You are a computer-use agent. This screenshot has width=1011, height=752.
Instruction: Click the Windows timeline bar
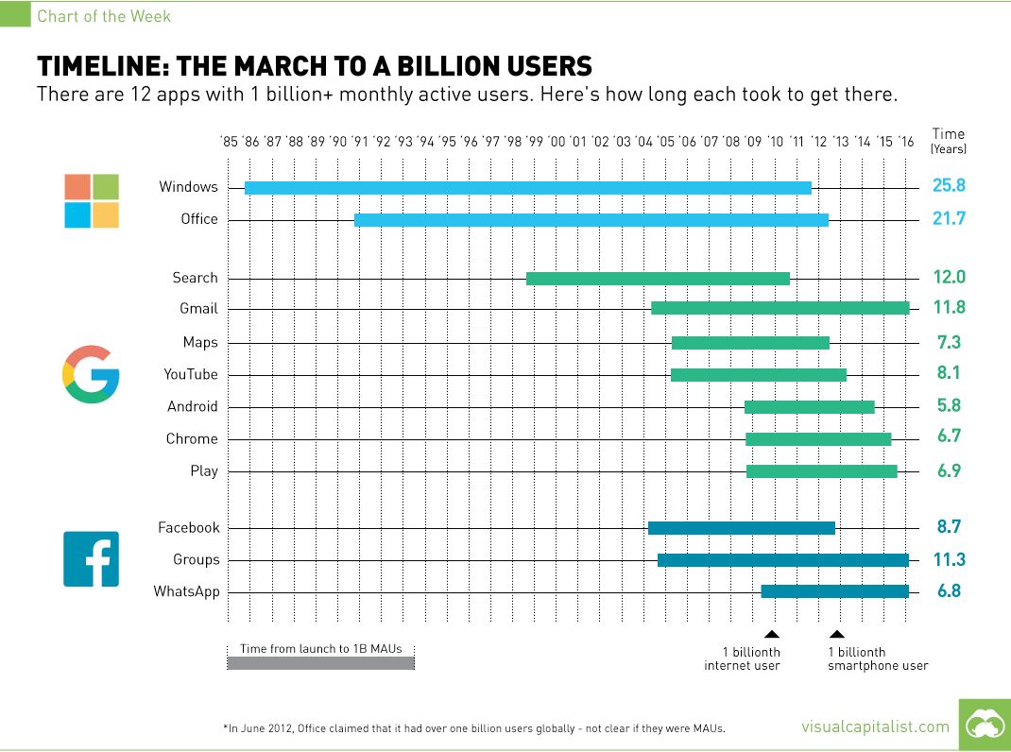click(527, 187)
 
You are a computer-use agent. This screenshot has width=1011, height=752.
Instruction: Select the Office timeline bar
click(591, 219)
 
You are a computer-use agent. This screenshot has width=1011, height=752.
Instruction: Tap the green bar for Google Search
click(658, 278)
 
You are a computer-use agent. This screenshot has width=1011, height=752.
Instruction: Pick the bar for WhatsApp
click(834, 591)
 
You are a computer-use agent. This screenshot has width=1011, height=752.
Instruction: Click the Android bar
click(809, 407)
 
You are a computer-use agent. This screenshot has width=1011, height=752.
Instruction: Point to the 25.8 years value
click(949, 187)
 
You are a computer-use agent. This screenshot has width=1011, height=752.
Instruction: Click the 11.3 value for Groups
click(949, 559)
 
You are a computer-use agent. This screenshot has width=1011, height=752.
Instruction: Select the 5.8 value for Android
click(949, 407)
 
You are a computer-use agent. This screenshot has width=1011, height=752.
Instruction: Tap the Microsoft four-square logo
click(92, 201)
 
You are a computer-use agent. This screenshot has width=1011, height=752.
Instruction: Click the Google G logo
click(92, 375)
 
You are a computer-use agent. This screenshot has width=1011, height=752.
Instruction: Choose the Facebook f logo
click(92, 558)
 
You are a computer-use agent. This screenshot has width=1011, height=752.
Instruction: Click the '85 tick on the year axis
click(229, 142)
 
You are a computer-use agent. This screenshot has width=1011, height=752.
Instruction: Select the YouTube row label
click(191, 375)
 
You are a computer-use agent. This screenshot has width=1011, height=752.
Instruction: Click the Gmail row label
click(198, 309)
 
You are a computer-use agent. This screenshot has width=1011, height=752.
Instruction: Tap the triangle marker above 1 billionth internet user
click(772, 635)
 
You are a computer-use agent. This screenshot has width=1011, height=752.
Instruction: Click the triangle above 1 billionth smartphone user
click(837, 635)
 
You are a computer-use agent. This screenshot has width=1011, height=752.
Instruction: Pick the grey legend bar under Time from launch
click(320, 663)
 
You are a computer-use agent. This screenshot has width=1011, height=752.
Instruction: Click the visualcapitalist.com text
click(875, 726)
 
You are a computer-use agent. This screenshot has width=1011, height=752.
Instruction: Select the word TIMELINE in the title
click(99, 66)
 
